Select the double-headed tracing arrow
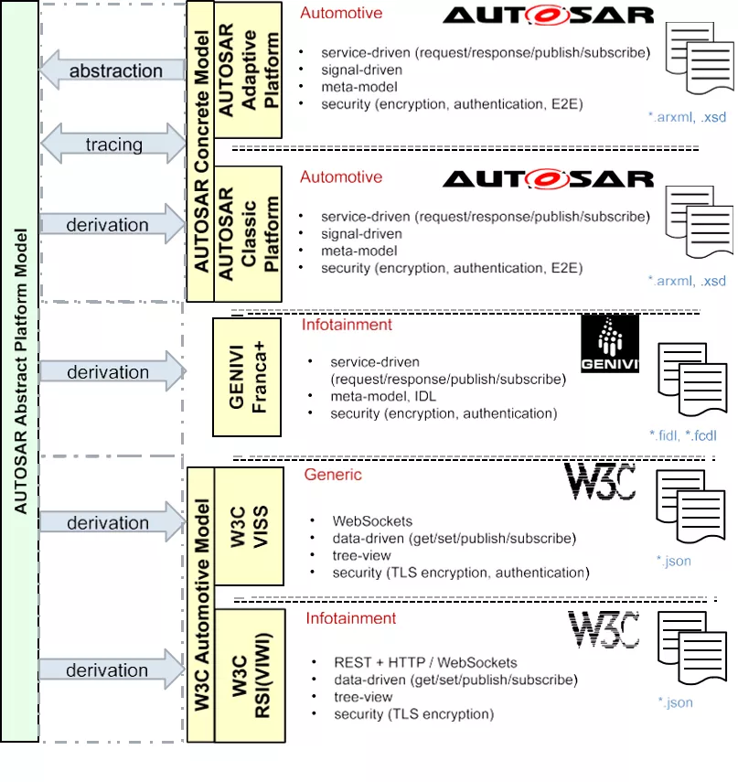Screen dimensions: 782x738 pyautogui.click(x=113, y=145)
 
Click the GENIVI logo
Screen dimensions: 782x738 pyautogui.click(x=609, y=345)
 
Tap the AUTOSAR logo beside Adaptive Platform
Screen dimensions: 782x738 pyautogui.click(x=549, y=16)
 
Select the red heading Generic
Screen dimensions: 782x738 pyautogui.click(x=333, y=475)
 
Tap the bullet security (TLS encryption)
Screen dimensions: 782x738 pyautogui.click(x=413, y=713)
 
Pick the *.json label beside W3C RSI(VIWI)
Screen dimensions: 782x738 pyautogui.click(x=676, y=702)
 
